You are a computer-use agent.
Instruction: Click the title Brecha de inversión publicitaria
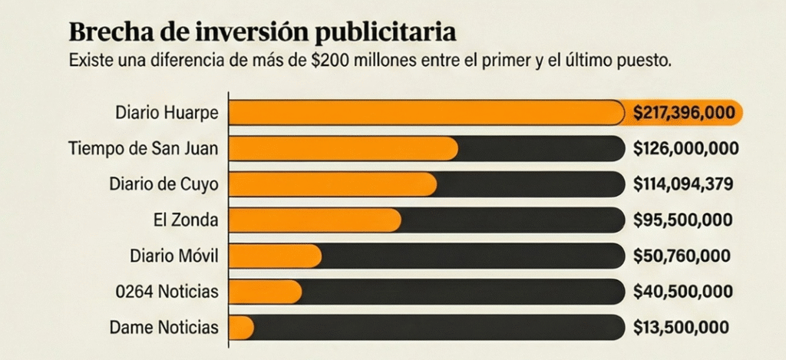tap(262, 32)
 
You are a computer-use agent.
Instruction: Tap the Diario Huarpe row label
tap(167, 113)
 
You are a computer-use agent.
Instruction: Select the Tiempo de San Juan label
tap(143, 149)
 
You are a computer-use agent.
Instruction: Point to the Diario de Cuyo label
tap(163, 184)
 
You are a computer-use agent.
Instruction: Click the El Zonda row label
tap(186, 220)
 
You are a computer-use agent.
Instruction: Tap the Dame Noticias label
tap(164, 327)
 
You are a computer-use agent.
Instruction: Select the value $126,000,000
tap(685, 149)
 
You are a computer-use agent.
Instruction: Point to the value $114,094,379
tap(684, 184)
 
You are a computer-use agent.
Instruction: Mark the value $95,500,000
tap(682, 220)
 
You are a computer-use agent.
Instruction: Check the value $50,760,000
tap(682, 256)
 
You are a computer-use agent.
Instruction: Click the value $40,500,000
tap(682, 292)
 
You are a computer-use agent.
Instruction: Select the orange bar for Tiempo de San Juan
tap(343, 149)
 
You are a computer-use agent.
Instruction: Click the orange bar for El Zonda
tap(315, 220)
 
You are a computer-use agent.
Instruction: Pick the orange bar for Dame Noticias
tap(242, 327)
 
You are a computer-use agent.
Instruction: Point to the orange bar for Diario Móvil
tap(276, 256)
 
